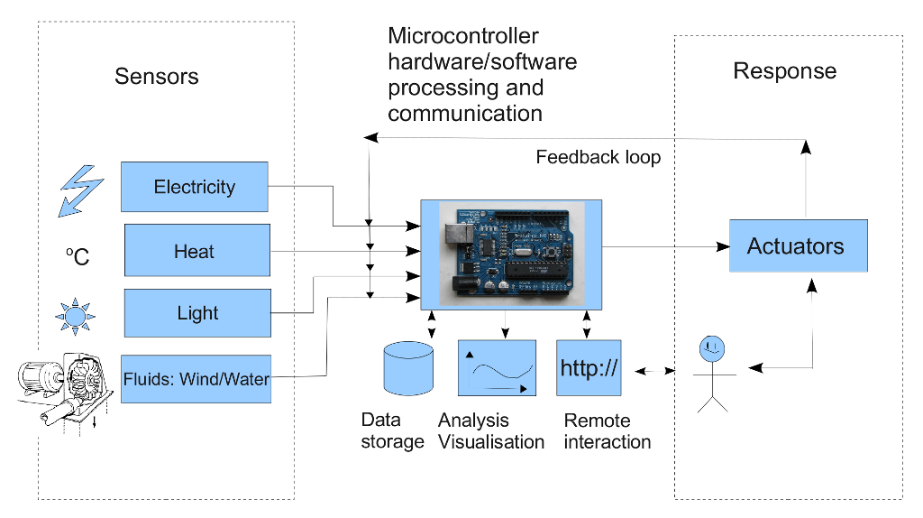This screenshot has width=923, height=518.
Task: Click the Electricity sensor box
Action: pos(194,187)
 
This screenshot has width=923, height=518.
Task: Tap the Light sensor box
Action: pos(197,313)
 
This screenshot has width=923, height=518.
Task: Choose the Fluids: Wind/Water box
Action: pos(196,378)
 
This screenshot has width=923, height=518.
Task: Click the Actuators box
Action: pos(798,245)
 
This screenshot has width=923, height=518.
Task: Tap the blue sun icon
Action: pos(75,315)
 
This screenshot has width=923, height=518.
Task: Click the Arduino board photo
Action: pos(512,252)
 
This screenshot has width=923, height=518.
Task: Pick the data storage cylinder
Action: pos(408,368)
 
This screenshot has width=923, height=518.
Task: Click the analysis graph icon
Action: pos(497,367)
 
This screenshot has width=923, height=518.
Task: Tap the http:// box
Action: pos(589,367)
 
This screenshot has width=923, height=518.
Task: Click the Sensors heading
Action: pos(157,76)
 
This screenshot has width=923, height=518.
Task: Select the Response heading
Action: pos(784,71)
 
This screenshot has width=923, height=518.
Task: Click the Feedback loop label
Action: pos(598,157)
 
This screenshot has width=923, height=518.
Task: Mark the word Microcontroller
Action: pos(463,36)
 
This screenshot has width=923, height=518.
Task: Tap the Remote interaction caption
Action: pos(607,431)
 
